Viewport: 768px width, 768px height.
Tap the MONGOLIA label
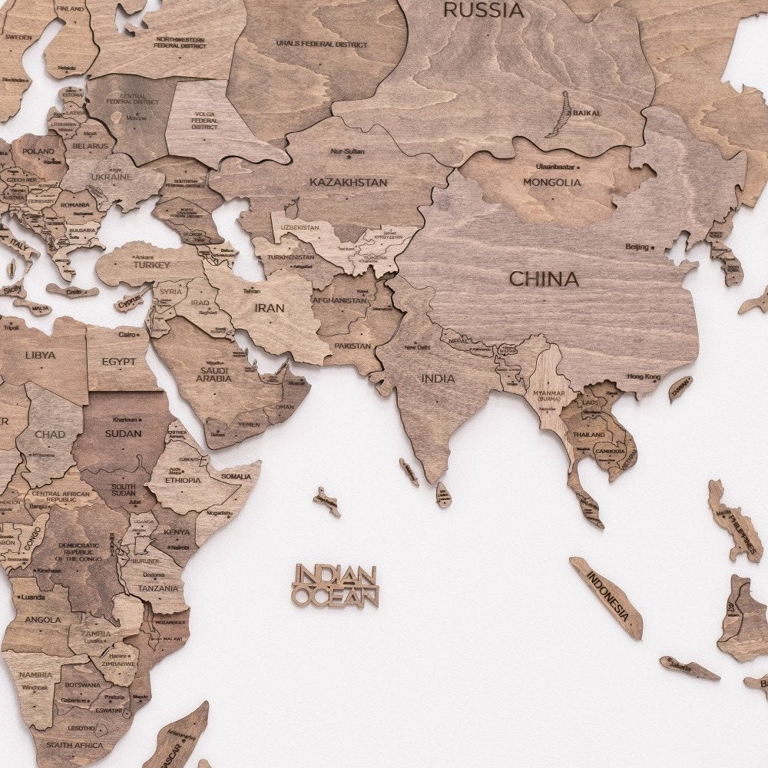[x=552, y=182]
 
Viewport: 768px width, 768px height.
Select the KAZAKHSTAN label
[x=349, y=182]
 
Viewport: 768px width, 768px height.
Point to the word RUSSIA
[x=485, y=11]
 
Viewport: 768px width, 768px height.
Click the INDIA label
[x=438, y=378]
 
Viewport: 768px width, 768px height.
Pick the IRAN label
[x=270, y=308]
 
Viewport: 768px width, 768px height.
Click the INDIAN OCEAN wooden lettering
[x=336, y=585]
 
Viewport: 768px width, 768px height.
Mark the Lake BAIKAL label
[x=587, y=113]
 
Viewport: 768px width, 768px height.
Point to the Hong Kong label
[x=644, y=376]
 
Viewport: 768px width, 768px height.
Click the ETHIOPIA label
[x=183, y=480]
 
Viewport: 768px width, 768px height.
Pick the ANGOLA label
[x=43, y=619]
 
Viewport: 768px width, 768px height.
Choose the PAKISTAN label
[x=353, y=346]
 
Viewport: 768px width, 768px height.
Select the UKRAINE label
[x=113, y=177]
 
